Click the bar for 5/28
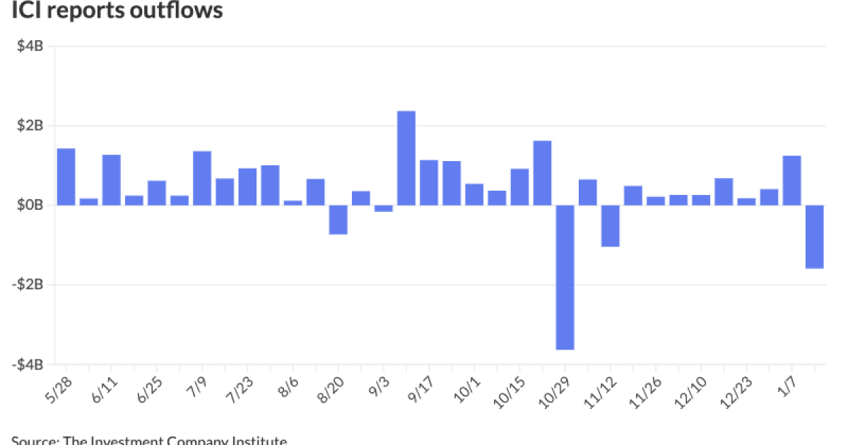(x=66, y=177)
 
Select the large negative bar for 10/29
(x=565, y=277)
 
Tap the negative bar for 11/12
(x=610, y=226)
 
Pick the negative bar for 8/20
(x=338, y=220)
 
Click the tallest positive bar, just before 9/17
(x=406, y=158)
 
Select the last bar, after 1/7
(x=814, y=237)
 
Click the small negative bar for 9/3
(x=383, y=208)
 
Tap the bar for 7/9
(x=202, y=178)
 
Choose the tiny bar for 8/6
(x=293, y=203)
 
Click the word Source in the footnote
(x=34, y=441)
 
